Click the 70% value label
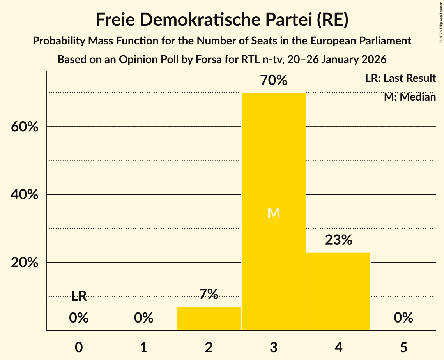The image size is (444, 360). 273,81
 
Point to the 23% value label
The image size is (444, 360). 338,240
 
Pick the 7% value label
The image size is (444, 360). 209,294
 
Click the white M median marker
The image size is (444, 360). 274,213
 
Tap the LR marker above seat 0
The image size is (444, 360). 79,296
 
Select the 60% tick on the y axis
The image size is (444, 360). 24,127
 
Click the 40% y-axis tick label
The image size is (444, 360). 24,195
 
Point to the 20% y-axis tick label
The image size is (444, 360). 24,263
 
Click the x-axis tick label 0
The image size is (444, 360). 79,347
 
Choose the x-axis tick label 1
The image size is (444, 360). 144,347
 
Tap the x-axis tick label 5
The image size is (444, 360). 403,347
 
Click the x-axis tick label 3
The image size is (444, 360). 274,347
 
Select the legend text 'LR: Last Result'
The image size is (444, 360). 400,78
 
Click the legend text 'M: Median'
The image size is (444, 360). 410,97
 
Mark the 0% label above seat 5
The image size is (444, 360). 403,318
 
